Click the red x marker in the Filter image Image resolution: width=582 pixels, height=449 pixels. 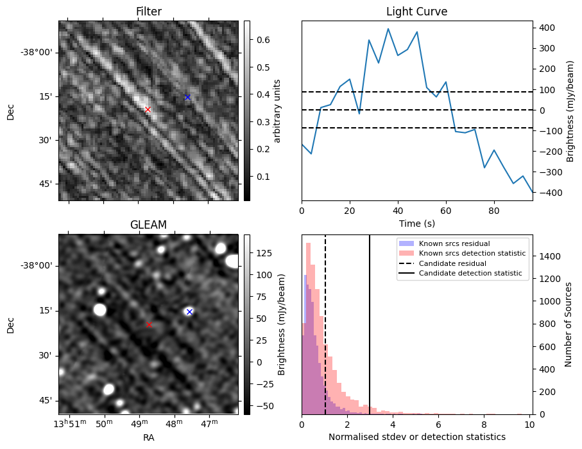pos(148,110)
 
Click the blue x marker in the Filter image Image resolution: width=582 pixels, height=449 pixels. pos(187,98)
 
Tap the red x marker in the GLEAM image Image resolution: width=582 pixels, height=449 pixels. pos(149,324)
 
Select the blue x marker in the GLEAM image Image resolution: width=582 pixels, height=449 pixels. pos(189,312)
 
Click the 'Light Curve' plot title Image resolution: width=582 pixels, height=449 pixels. pos(416,12)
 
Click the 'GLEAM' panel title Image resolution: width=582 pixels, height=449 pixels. pos(148,225)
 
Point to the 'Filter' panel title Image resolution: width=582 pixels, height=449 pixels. pos(148,12)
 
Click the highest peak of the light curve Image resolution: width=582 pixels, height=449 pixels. pos(388,28)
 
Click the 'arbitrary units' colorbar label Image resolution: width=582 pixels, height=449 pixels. pos(277,110)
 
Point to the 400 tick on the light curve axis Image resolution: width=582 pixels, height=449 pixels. pos(547,28)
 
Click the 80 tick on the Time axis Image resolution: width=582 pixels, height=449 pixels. pos(494,209)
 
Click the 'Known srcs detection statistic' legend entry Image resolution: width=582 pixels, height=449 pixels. pos(472,254)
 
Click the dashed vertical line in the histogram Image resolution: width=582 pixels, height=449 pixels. pos(325,360)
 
